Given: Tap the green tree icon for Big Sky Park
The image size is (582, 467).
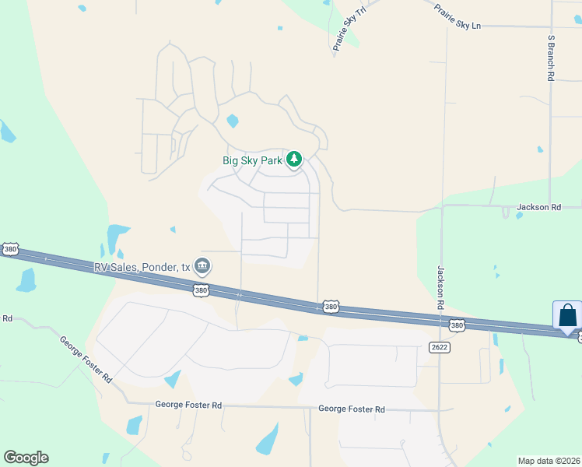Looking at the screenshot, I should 294,160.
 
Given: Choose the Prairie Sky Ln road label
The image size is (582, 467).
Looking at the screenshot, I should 458,15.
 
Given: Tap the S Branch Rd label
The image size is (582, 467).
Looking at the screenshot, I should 550,58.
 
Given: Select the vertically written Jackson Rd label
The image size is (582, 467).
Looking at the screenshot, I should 440,288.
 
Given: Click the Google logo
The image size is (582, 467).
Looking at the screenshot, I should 26,458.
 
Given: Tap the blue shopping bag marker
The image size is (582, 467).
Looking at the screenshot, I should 567,316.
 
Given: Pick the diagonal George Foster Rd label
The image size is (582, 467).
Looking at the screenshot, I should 86,359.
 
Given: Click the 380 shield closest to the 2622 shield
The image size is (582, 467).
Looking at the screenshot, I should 456,325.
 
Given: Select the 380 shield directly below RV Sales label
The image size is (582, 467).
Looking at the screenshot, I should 201,290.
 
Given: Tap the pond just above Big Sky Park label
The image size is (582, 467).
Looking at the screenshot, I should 231,121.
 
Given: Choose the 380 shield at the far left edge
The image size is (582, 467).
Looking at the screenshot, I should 9,249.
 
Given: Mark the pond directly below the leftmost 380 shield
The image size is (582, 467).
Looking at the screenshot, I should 26,280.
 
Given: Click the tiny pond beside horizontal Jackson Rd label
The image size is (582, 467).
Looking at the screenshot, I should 519,216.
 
